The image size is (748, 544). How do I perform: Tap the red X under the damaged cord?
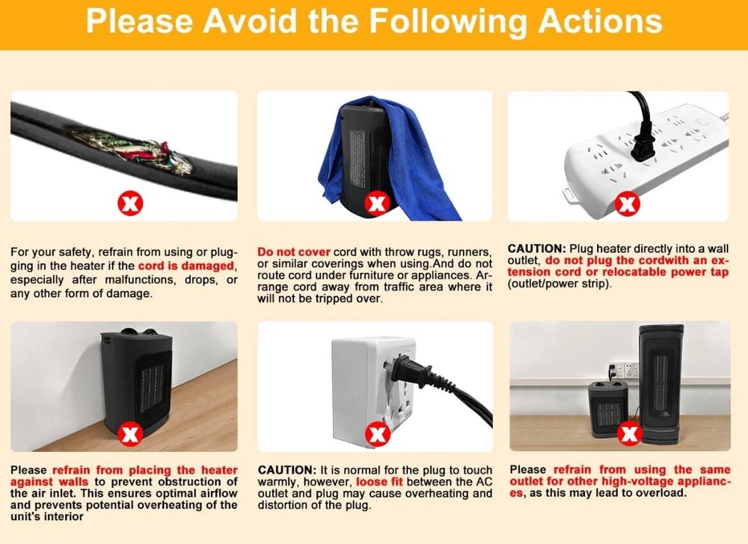coord(129,204)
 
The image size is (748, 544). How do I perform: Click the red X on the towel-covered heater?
coord(377,204)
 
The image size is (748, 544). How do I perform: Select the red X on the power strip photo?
coord(626,204)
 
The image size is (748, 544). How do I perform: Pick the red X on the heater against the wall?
coord(129,434)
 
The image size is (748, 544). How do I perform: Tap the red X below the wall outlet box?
coord(377,434)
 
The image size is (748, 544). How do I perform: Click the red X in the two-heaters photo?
coord(628,434)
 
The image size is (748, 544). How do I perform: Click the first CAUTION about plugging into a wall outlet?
coord(536,248)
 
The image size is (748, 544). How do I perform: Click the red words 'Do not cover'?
coord(294,252)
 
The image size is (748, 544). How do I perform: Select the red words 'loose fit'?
coord(380,481)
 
